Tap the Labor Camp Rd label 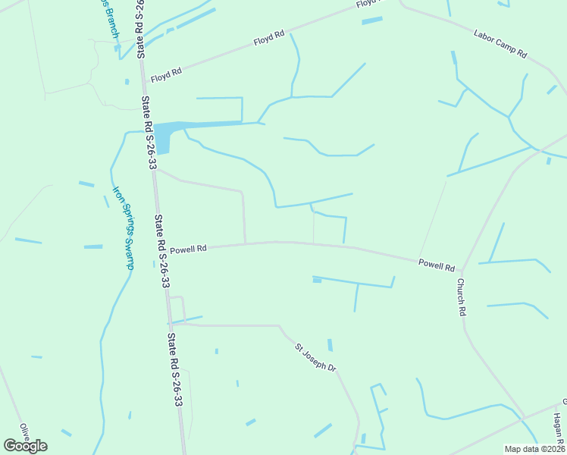(x=500, y=44)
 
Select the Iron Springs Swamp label (x=124, y=227)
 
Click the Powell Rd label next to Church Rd (x=437, y=265)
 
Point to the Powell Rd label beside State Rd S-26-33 (x=188, y=249)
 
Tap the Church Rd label (x=461, y=297)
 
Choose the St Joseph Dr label (x=316, y=357)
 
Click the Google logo (x=25, y=446)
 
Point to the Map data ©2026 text (x=534, y=449)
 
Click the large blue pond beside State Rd (x=164, y=136)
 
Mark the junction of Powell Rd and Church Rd (x=462, y=270)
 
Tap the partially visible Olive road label (x=24, y=431)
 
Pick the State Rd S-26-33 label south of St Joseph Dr (x=174, y=368)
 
